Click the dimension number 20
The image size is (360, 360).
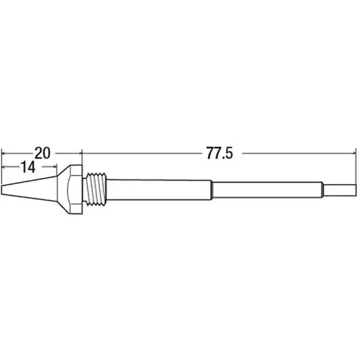click(42, 153)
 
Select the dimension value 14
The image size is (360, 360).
click(28, 167)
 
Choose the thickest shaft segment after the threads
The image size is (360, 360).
click(160, 189)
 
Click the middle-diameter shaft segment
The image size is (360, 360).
click(268, 189)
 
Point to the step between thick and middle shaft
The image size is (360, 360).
click(212, 189)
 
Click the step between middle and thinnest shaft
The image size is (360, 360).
click(324, 189)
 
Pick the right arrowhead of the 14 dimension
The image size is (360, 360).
click(54, 167)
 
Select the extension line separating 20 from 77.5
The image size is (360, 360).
click(81, 157)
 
